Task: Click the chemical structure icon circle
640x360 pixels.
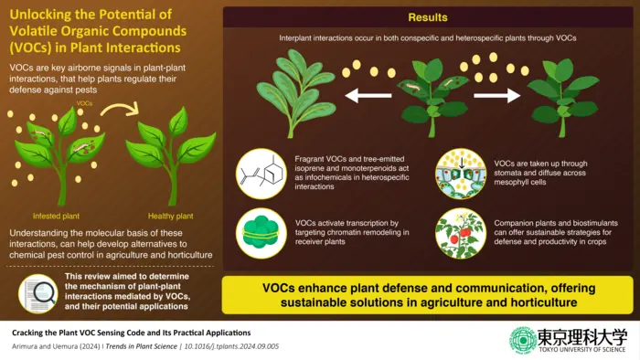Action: pyautogui.click(x=261, y=174)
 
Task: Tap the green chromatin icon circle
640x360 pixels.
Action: pyautogui.click(x=261, y=232)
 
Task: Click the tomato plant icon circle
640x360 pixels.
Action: pyautogui.click(x=460, y=232)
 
